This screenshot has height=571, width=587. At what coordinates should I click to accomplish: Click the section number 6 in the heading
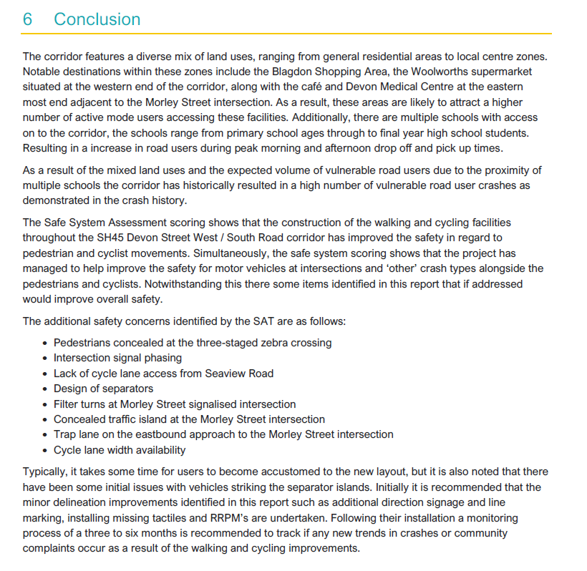click(28, 19)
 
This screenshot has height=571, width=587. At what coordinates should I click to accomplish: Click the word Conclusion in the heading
click(97, 19)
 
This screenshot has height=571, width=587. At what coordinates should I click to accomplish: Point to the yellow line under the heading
click(286, 34)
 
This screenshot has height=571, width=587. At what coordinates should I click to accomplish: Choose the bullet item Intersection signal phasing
click(117, 358)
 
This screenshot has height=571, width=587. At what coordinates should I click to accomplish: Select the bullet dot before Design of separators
click(45, 389)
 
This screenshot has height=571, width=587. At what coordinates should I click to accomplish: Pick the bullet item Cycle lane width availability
click(120, 450)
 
